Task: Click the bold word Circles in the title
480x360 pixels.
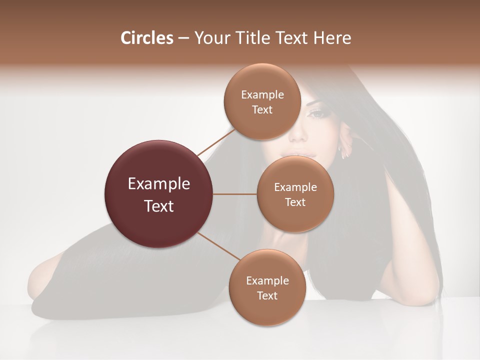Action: (146, 38)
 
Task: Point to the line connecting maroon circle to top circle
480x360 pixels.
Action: (215, 141)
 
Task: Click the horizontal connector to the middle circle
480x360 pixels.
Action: (235, 194)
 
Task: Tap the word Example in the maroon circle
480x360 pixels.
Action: (159, 184)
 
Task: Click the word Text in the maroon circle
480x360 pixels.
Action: (159, 206)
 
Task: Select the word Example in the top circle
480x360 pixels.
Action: (262, 95)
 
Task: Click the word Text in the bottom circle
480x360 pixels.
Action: (267, 295)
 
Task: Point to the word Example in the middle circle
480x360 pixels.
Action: (295, 187)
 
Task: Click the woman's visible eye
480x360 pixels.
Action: (316, 113)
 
